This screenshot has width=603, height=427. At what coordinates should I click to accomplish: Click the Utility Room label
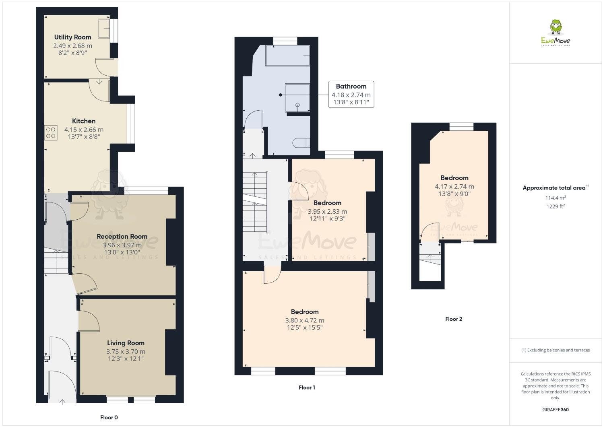72,37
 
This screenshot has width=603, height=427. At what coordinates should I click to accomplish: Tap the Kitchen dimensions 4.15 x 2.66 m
84,130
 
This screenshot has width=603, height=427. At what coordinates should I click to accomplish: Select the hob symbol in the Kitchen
51,133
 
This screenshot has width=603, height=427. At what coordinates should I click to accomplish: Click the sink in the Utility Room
104,28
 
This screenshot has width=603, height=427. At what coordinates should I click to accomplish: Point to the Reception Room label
122,236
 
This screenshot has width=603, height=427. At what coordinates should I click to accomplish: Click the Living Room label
126,343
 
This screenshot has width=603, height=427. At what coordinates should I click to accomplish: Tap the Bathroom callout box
351,94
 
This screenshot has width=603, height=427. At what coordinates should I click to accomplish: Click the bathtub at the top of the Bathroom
287,55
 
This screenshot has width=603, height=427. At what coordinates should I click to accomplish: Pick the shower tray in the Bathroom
297,97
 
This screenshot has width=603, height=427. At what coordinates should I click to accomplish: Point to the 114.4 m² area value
555,198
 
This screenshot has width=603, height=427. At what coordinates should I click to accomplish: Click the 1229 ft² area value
555,206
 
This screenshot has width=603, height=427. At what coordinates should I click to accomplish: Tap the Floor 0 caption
109,417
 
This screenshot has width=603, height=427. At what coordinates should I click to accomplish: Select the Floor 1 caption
307,387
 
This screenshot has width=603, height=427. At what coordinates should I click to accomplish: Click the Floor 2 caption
454,319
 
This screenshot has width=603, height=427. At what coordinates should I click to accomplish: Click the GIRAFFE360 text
556,410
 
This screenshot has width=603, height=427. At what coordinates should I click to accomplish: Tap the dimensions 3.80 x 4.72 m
305,320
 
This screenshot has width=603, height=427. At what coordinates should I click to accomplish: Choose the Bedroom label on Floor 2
454,178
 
